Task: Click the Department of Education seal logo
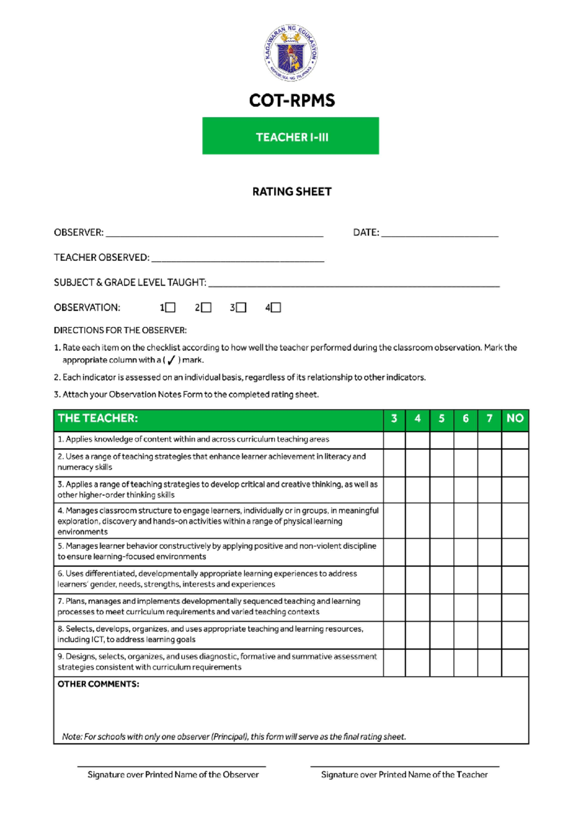pos(290,53)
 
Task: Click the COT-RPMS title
pos(291,100)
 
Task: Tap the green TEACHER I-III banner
pos(290,136)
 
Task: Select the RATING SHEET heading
pos(291,192)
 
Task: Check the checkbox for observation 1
pos(170,308)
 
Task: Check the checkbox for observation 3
pos(241,308)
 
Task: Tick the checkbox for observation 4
pos(276,308)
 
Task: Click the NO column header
pos(514,419)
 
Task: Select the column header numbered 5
pos(441,419)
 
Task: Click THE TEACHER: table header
pos(98,419)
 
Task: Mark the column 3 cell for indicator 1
pos(394,440)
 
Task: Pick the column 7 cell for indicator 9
pos(489,662)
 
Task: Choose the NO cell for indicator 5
pos(514,551)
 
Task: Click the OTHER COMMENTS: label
pos(98,684)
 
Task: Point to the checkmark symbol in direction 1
pos(171,360)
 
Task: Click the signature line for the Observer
pos(172,766)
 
